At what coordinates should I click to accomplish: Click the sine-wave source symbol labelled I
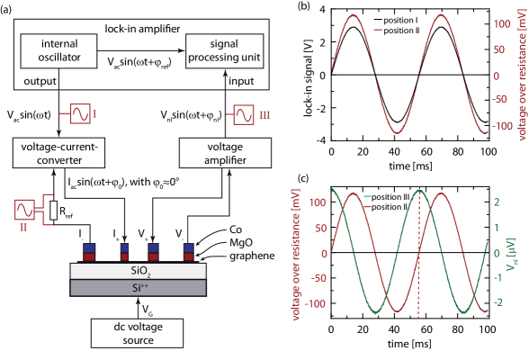(81, 114)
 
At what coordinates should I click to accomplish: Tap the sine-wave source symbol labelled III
(244, 114)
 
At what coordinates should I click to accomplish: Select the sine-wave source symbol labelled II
(24, 210)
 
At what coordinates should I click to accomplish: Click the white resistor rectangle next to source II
(53, 210)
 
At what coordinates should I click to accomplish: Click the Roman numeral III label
(263, 114)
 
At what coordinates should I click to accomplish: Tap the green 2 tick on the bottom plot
(495, 202)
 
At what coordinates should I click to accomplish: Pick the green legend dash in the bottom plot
(367, 195)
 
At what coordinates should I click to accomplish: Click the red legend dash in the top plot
(378, 31)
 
